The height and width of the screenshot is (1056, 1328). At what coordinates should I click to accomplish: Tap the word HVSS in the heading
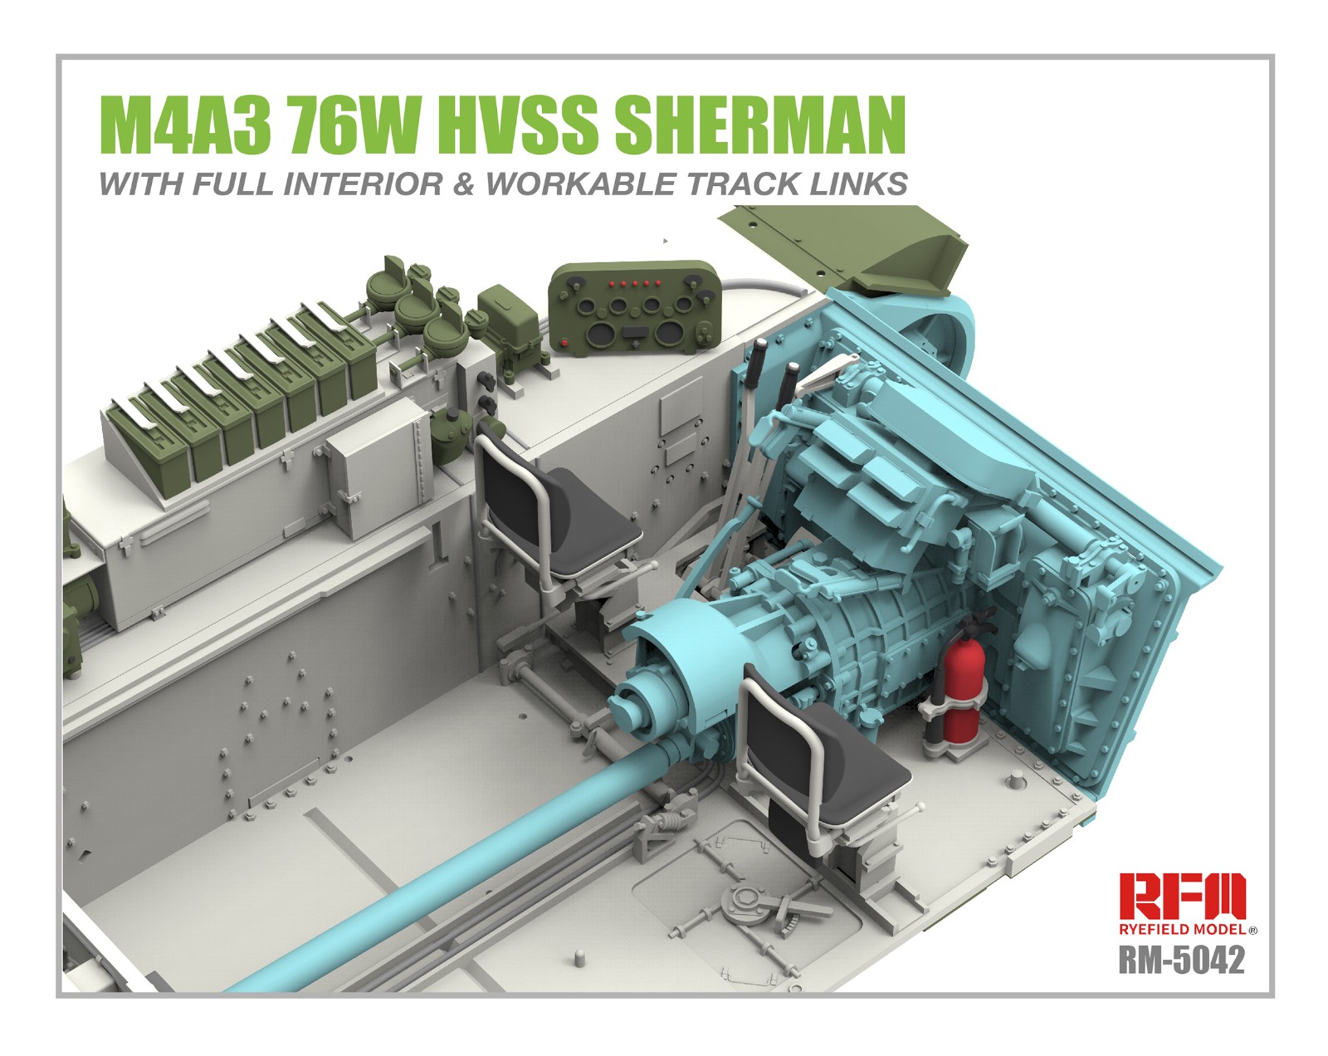point(513,125)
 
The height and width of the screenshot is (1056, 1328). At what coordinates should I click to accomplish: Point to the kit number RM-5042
point(1181,960)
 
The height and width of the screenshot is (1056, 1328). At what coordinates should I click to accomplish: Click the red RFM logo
point(1181,897)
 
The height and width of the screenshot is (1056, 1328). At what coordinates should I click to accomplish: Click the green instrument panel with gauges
point(637,310)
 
